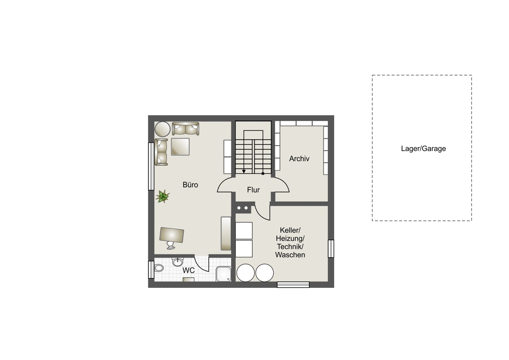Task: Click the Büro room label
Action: coord(190,185)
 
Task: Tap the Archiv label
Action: coord(299,158)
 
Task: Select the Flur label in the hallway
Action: coord(253,190)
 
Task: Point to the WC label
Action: coord(189,270)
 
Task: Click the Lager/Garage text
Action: coord(423,149)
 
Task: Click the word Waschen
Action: coord(290,255)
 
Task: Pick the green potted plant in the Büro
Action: coord(163,196)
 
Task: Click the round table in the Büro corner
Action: coord(162,129)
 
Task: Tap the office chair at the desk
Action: coord(171,245)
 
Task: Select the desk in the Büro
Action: coord(172,235)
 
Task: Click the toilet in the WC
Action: coord(159,268)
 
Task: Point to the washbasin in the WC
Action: coord(177,262)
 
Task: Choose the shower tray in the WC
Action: coord(224,274)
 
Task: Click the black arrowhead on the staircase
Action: coord(244,171)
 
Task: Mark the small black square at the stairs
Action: coord(263,174)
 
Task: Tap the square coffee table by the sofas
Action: coord(180,147)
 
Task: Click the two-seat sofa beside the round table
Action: coord(185,129)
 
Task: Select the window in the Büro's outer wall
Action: coord(151,166)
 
